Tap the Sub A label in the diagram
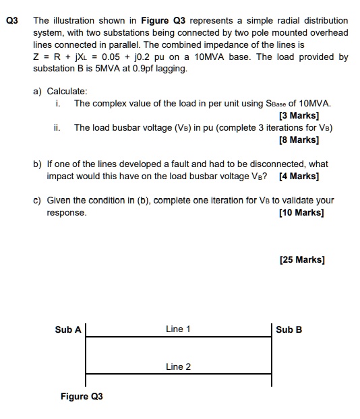point(67,329)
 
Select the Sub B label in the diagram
point(289,329)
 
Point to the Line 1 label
point(178,329)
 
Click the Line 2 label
point(178,366)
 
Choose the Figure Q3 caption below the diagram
point(82,396)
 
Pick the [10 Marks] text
point(301,213)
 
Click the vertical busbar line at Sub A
point(86,354)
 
